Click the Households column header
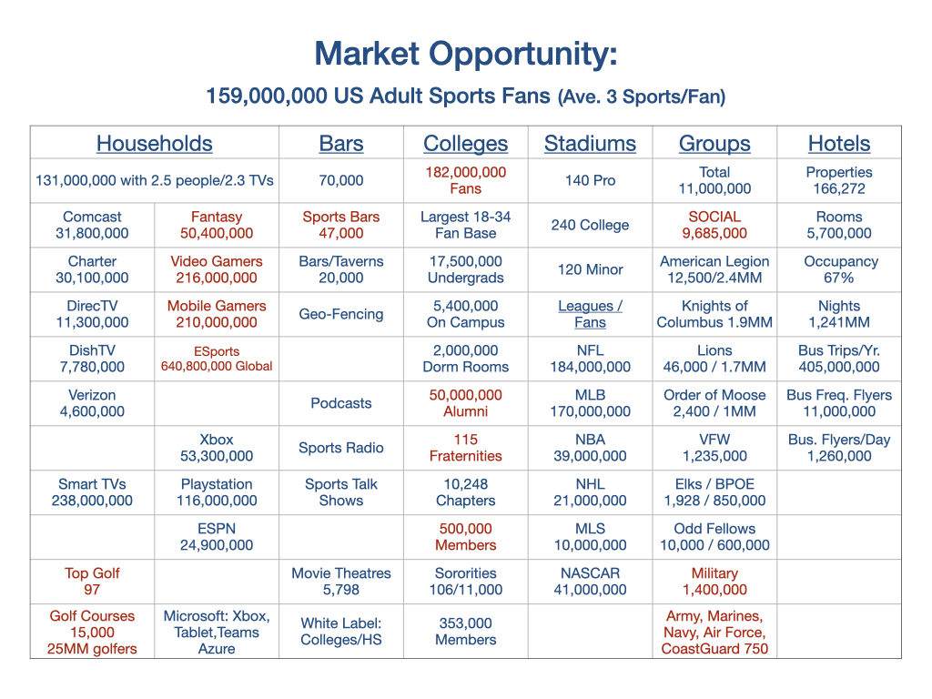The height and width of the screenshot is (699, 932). click(x=155, y=143)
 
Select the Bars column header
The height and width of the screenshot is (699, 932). click(x=341, y=143)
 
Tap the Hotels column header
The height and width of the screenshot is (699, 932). click(x=838, y=143)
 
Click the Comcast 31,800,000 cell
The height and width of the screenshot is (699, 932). click(x=92, y=225)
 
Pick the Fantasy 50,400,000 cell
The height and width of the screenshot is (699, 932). click(x=217, y=225)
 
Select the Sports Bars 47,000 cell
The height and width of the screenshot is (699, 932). click(x=341, y=225)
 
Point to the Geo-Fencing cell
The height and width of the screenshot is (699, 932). click(x=341, y=314)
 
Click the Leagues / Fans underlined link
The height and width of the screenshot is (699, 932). click(x=590, y=314)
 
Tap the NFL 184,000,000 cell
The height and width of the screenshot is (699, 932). click(x=590, y=359)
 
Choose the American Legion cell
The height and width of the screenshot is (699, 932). click(x=714, y=269)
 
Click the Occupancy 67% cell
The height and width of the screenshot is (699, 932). click(x=839, y=269)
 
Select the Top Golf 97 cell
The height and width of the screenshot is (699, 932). click(x=92, y=582)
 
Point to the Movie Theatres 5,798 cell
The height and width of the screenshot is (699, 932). click(x=341, y=582)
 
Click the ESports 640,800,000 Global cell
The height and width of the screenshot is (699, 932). click(x=217, y=359)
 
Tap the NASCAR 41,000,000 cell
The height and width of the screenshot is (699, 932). click(x=590, y=582)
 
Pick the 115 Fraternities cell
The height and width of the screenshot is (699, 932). click(x=465, y=448)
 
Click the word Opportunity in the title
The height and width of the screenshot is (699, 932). click(x=523, y=55)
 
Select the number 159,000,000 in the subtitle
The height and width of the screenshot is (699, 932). click(x=267, y=96)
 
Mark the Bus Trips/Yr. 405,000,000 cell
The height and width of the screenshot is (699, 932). click(x=839, y=359)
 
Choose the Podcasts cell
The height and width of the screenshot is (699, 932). click(x=341, y=403)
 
